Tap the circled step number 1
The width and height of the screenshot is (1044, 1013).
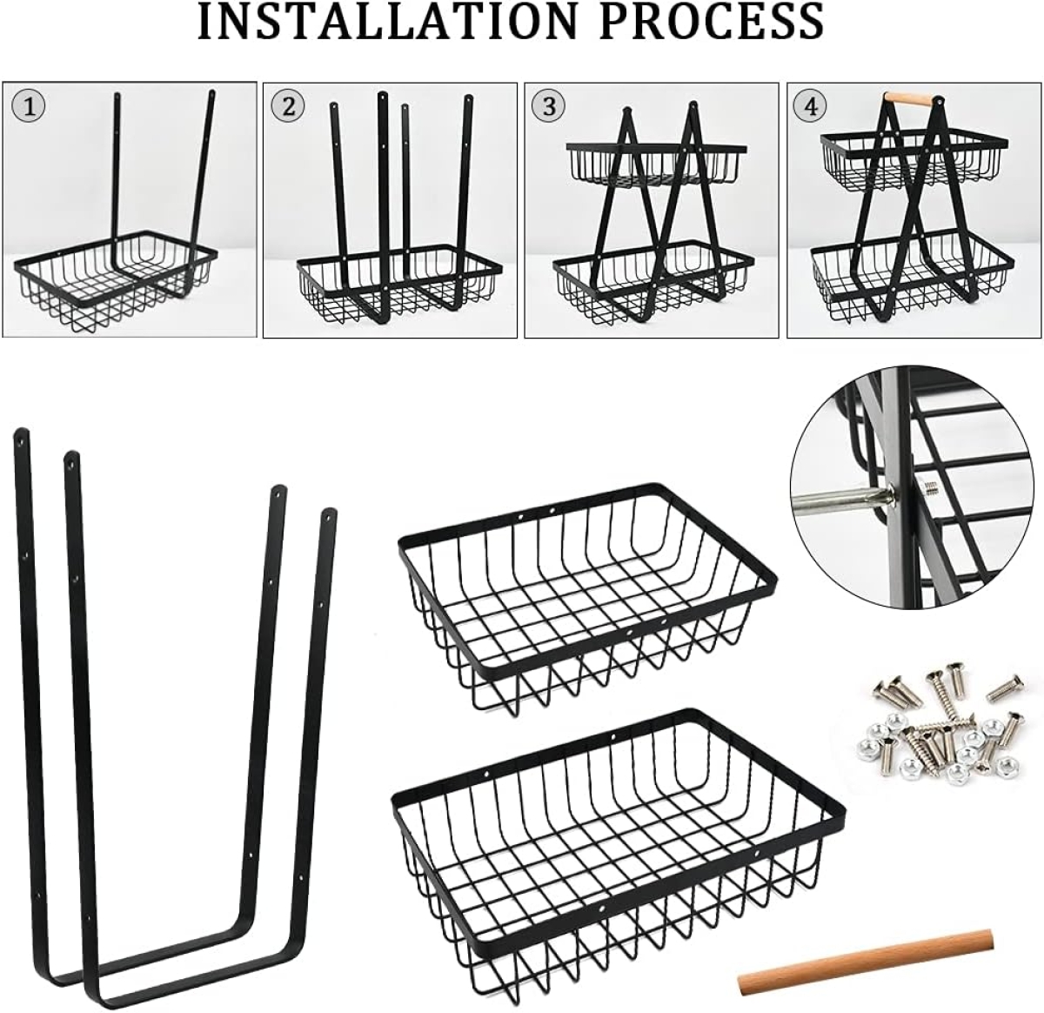click(28, 106)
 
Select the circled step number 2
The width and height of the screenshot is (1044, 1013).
click(288, 106)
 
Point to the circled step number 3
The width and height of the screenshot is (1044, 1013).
click(548, 106)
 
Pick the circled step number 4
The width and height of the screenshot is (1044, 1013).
click(811, 106)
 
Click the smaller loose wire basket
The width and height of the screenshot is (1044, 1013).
click(587, 597)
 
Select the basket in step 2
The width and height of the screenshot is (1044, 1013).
click(398, 285)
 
